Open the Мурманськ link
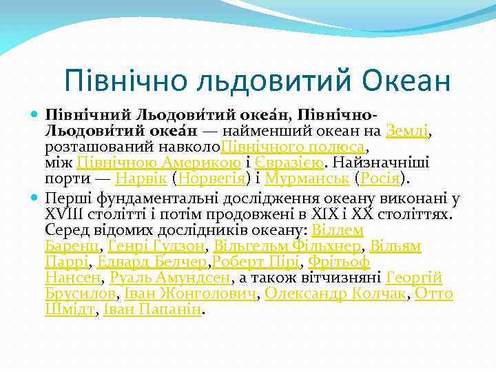click(300, 180)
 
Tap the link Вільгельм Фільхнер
click(288, 246)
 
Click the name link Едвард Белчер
click(152, 262)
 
